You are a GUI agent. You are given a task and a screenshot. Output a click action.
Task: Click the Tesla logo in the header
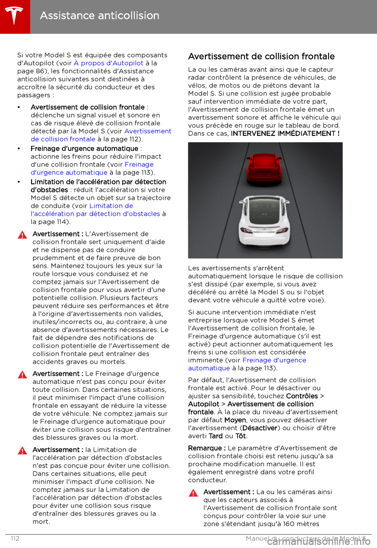15,16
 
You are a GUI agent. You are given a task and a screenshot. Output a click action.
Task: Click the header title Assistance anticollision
100,16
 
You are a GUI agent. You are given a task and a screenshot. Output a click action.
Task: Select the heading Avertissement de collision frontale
261,57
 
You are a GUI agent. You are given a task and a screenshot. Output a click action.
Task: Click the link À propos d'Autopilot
108,63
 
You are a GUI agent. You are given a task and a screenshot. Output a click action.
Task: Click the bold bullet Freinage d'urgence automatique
84,149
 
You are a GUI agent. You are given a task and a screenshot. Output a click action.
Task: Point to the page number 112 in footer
15,539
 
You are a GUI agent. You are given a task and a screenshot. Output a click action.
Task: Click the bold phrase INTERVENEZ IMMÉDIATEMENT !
285,133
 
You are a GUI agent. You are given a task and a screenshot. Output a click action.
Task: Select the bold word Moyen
235,420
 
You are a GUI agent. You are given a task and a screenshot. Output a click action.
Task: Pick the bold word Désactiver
260,428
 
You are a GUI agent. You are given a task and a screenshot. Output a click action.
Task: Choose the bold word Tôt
241,436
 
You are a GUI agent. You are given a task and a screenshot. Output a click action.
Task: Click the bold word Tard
216,436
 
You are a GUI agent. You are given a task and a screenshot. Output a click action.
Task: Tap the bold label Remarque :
207,448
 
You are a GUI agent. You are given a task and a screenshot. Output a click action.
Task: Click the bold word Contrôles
302,396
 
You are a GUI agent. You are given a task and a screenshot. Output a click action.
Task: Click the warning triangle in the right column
193,493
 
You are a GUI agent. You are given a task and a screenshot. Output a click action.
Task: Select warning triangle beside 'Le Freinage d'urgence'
22,374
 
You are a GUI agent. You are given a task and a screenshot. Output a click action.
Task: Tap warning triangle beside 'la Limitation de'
22,451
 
